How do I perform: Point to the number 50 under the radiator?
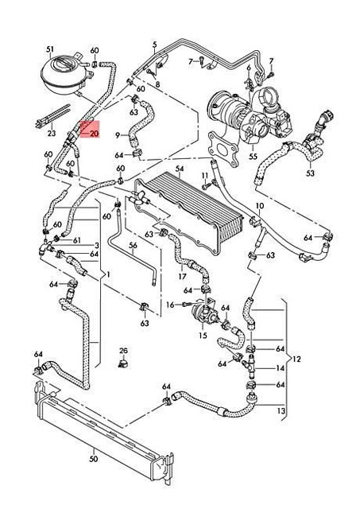pos(93,459)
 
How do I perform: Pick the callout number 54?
pos(180,169)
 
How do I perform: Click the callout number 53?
pos(310,173)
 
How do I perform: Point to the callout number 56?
pos(134,246)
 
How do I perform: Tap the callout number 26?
pos(123,350)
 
